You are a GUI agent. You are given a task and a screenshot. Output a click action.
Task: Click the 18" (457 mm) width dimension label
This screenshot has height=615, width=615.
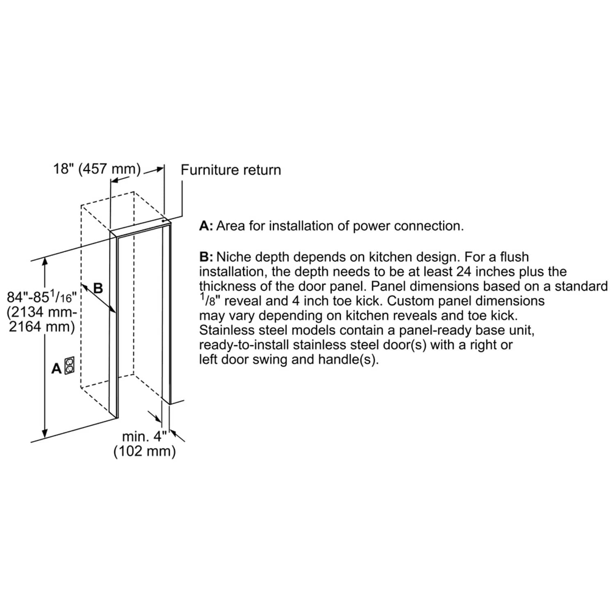point(97,169)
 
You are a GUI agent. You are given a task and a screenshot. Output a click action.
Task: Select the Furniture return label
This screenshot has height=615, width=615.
point(231,170)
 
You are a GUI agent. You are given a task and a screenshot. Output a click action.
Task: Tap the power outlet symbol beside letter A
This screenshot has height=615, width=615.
point(69,365)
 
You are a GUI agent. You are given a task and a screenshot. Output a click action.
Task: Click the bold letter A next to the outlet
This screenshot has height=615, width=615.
point(57,369)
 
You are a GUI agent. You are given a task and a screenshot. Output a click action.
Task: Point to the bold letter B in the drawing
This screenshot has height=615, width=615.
point(98,288)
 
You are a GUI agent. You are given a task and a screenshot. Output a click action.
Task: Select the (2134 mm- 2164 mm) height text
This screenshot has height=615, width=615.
point(42,319)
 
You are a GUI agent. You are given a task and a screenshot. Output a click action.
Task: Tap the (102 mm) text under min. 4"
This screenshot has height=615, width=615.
point(144,451)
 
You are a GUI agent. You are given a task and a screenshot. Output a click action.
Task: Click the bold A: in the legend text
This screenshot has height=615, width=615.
point(206,226)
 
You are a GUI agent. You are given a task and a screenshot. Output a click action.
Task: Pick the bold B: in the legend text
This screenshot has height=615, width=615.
point(206,257)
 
